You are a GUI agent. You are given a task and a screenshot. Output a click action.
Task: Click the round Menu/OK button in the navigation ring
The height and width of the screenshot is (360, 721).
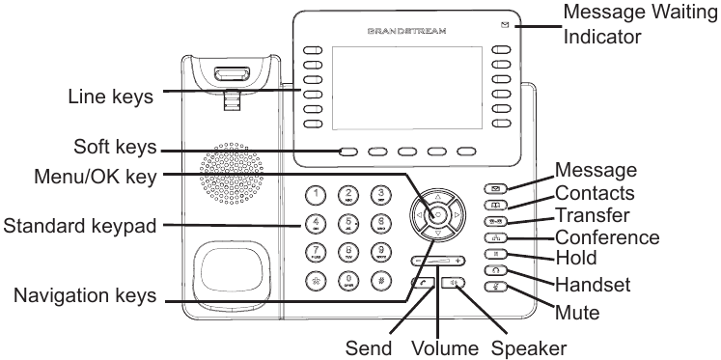tap(437, 213)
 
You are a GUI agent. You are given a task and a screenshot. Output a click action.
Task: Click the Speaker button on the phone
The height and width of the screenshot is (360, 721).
tap(455, 284)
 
